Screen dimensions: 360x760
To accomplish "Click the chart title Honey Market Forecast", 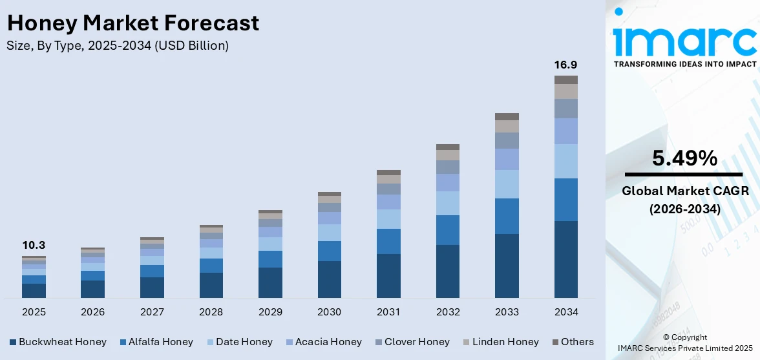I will [x=132, y=23].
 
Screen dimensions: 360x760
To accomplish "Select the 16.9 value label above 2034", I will [x=565, y=65].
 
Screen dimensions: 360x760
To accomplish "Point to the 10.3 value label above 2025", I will [x=34, y=246].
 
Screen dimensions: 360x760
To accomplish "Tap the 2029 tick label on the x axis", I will [x=270, y=312].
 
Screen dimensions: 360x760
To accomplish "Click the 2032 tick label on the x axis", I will [x=447, y=312].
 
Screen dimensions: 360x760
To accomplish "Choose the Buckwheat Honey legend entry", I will [x=58, y=342].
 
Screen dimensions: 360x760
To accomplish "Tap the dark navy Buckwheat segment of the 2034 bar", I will [x=565, y=259].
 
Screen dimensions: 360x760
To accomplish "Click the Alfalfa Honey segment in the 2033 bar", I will [x=507, y=216].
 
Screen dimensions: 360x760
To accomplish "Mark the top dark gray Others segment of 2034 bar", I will [x=565, y=79].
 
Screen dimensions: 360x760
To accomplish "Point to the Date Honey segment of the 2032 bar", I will [x=447, y=203].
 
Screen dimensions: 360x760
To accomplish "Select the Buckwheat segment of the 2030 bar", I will [x=329, y=279].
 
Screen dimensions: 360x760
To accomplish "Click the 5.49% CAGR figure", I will [x=684, y=158].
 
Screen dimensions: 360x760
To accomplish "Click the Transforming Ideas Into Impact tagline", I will [x=684, y=64].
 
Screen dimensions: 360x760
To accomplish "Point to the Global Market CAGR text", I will [x=684, y=191].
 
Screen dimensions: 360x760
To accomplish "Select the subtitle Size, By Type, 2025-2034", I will [x=118, y=46].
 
